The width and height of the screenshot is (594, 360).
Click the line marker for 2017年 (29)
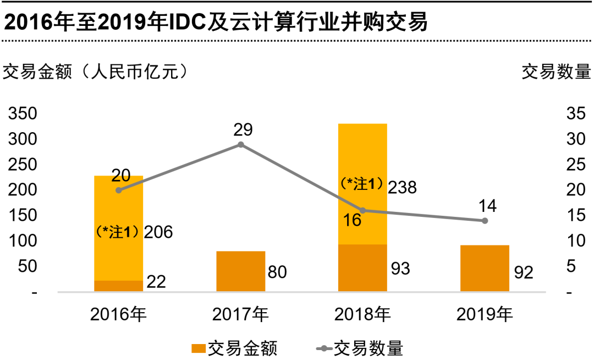[241, 145]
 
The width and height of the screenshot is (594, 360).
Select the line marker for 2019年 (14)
[485, 221]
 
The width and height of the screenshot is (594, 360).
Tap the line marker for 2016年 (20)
[119, 190]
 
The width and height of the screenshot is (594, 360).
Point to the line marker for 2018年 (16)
[362, 210]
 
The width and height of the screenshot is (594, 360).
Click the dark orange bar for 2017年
[241, 271]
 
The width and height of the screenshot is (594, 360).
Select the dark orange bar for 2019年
[485, 268]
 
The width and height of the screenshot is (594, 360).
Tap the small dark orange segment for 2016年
[119, 286]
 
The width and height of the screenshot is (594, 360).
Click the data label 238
[402, 188]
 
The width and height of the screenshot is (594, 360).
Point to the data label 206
[158, 232]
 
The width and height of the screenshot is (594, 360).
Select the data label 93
[400, 269]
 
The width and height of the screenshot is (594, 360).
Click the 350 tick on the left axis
[22, 114]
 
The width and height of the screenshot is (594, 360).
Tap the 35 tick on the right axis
[575, 114]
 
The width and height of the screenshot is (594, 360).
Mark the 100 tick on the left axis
[22, 241]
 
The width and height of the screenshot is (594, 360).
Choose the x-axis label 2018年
[362, 315]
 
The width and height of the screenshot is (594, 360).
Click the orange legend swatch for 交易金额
[198, 348]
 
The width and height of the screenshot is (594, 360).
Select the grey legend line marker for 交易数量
[324, 348]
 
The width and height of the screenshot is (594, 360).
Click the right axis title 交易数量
[555, 72]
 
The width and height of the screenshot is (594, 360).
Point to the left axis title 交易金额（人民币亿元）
[96, 72]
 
